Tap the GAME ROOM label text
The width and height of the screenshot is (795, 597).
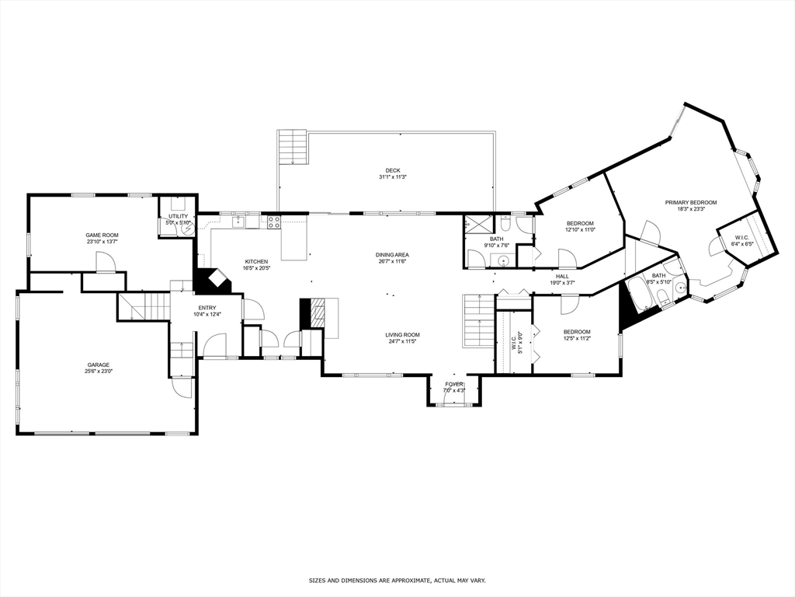pyautogui.click(x=102, y=235)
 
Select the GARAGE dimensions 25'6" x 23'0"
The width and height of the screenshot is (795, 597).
pyautogui.click(x=98, y=372)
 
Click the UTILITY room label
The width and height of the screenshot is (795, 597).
pyautogui.click(x=179, y=216)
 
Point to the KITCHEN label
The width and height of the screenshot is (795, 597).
pyautogui.click(x=256, y=261)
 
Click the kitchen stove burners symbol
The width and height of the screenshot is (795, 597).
pyautogui.click(x=274, y=222)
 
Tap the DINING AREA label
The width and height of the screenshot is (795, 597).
pyautogui.click(x=392, y=255)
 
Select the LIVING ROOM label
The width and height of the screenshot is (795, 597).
pyautogui.click(x=402, y=335)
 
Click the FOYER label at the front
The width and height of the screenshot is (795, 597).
pyautogui.click(x=453, y=384)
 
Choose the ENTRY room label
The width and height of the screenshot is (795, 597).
pyautogui.click(x=207, y=308)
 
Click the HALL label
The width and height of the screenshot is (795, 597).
pyautogui.click(x=562, y=276)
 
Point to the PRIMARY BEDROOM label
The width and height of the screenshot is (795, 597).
pyautogui.click(x=690, y=203)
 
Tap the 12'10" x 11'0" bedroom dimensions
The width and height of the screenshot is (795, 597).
pyautogui.click(x=580, y=230)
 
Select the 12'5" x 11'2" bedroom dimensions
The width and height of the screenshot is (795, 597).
pyautogui.click(x=577, y=338)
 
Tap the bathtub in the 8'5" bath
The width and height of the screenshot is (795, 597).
pyautogui.click(x=639, y=295)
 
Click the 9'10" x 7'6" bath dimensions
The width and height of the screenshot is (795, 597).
pyautogui.click(x=497, y=246)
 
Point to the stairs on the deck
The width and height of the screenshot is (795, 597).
pyautogui.click(x=293, y=147)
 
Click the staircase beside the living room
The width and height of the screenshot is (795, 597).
pyautogui.click(x=478, y=321)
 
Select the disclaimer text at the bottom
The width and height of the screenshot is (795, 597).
pyautogui.click(x=397, y=581)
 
